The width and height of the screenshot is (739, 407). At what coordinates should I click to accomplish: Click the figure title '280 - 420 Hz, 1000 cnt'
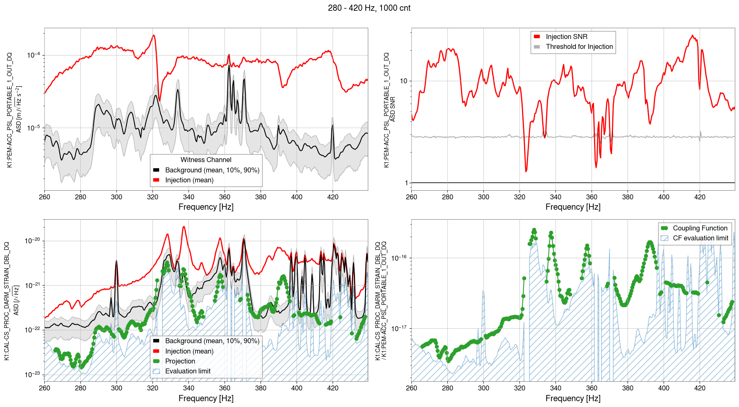369,8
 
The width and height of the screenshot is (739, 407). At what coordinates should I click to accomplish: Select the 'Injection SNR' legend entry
566,36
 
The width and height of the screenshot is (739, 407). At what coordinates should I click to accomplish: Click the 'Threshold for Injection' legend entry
579,46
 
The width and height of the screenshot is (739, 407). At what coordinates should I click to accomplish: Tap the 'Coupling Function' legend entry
700,228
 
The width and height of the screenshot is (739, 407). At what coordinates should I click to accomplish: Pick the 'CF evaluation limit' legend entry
700,238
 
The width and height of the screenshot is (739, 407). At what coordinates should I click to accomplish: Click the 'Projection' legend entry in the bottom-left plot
180,361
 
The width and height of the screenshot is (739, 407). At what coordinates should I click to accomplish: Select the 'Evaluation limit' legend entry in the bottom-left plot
188,371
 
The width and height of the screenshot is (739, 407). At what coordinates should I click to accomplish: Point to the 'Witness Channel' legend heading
206,160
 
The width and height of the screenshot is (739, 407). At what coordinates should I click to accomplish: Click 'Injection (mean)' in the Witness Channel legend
189,180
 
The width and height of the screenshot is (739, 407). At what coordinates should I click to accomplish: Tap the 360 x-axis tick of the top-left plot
225,197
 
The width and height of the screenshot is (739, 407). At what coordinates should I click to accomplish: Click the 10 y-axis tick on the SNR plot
403,81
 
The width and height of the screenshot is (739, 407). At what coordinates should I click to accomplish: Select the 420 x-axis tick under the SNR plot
700,197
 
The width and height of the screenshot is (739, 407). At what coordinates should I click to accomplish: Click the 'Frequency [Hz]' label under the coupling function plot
573,398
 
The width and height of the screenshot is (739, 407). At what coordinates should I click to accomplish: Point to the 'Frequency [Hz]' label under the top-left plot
206,207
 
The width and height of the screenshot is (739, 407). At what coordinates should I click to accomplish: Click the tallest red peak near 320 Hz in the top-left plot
154,35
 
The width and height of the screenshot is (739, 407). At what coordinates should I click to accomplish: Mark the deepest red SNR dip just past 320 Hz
526,171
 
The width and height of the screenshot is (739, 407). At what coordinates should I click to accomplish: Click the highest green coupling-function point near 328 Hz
534,230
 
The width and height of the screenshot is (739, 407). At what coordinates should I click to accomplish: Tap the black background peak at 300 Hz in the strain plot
116,261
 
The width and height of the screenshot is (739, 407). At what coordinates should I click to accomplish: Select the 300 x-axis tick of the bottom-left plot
116,388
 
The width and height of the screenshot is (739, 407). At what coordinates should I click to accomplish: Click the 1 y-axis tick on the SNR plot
406,183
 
